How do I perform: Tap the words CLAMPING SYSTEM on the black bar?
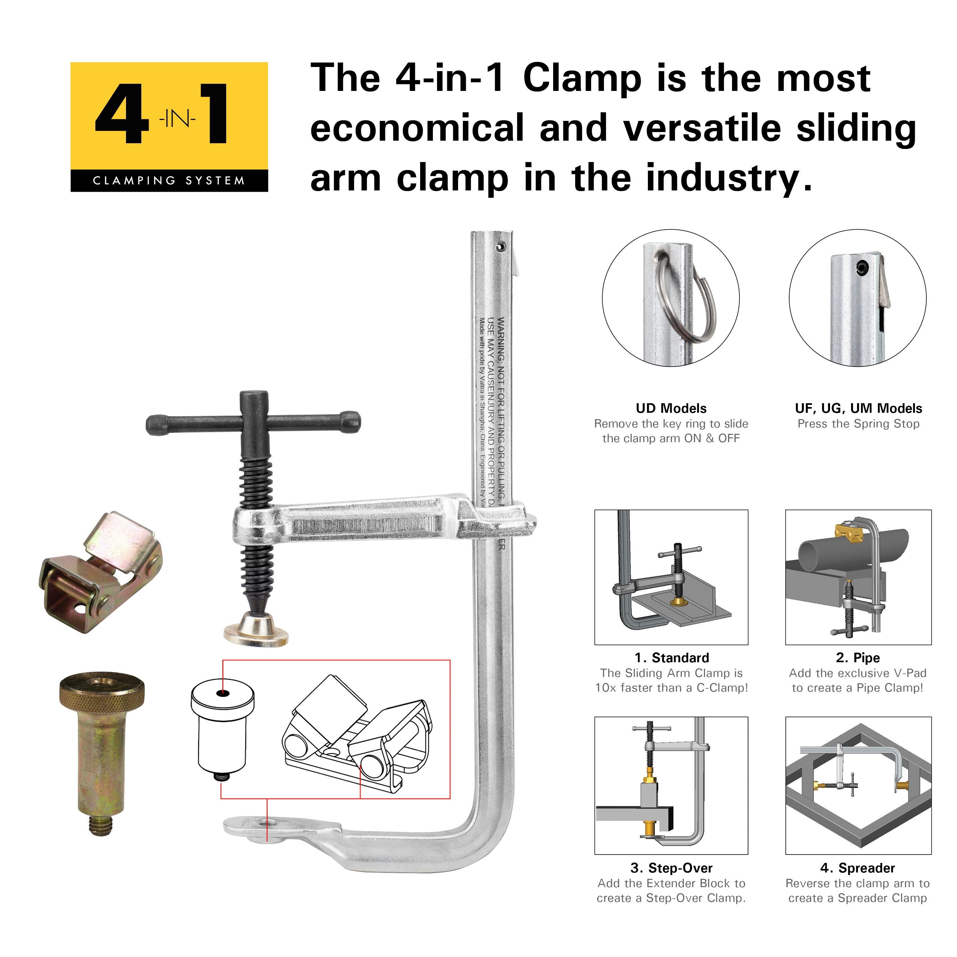point(169,181)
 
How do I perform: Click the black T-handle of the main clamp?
point(253,423)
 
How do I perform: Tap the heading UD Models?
point(671,409)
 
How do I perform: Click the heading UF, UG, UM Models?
point(858,409)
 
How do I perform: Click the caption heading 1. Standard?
point(672,658)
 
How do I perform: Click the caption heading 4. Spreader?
point(857,868)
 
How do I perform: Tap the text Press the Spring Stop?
point(858,424)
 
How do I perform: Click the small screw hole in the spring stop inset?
point(864,268)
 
